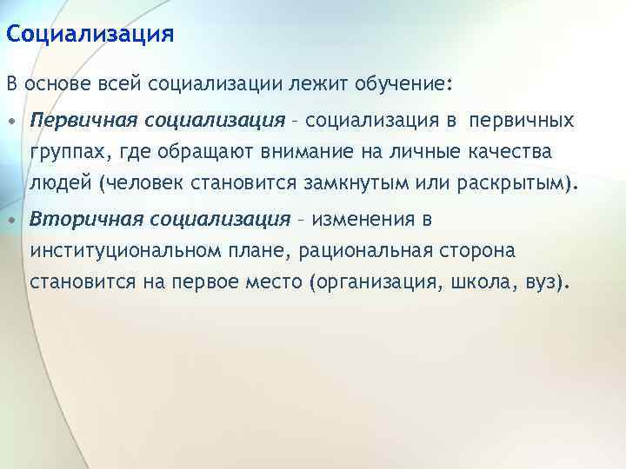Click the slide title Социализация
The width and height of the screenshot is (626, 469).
pyautogui.click(x=90, y=34)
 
